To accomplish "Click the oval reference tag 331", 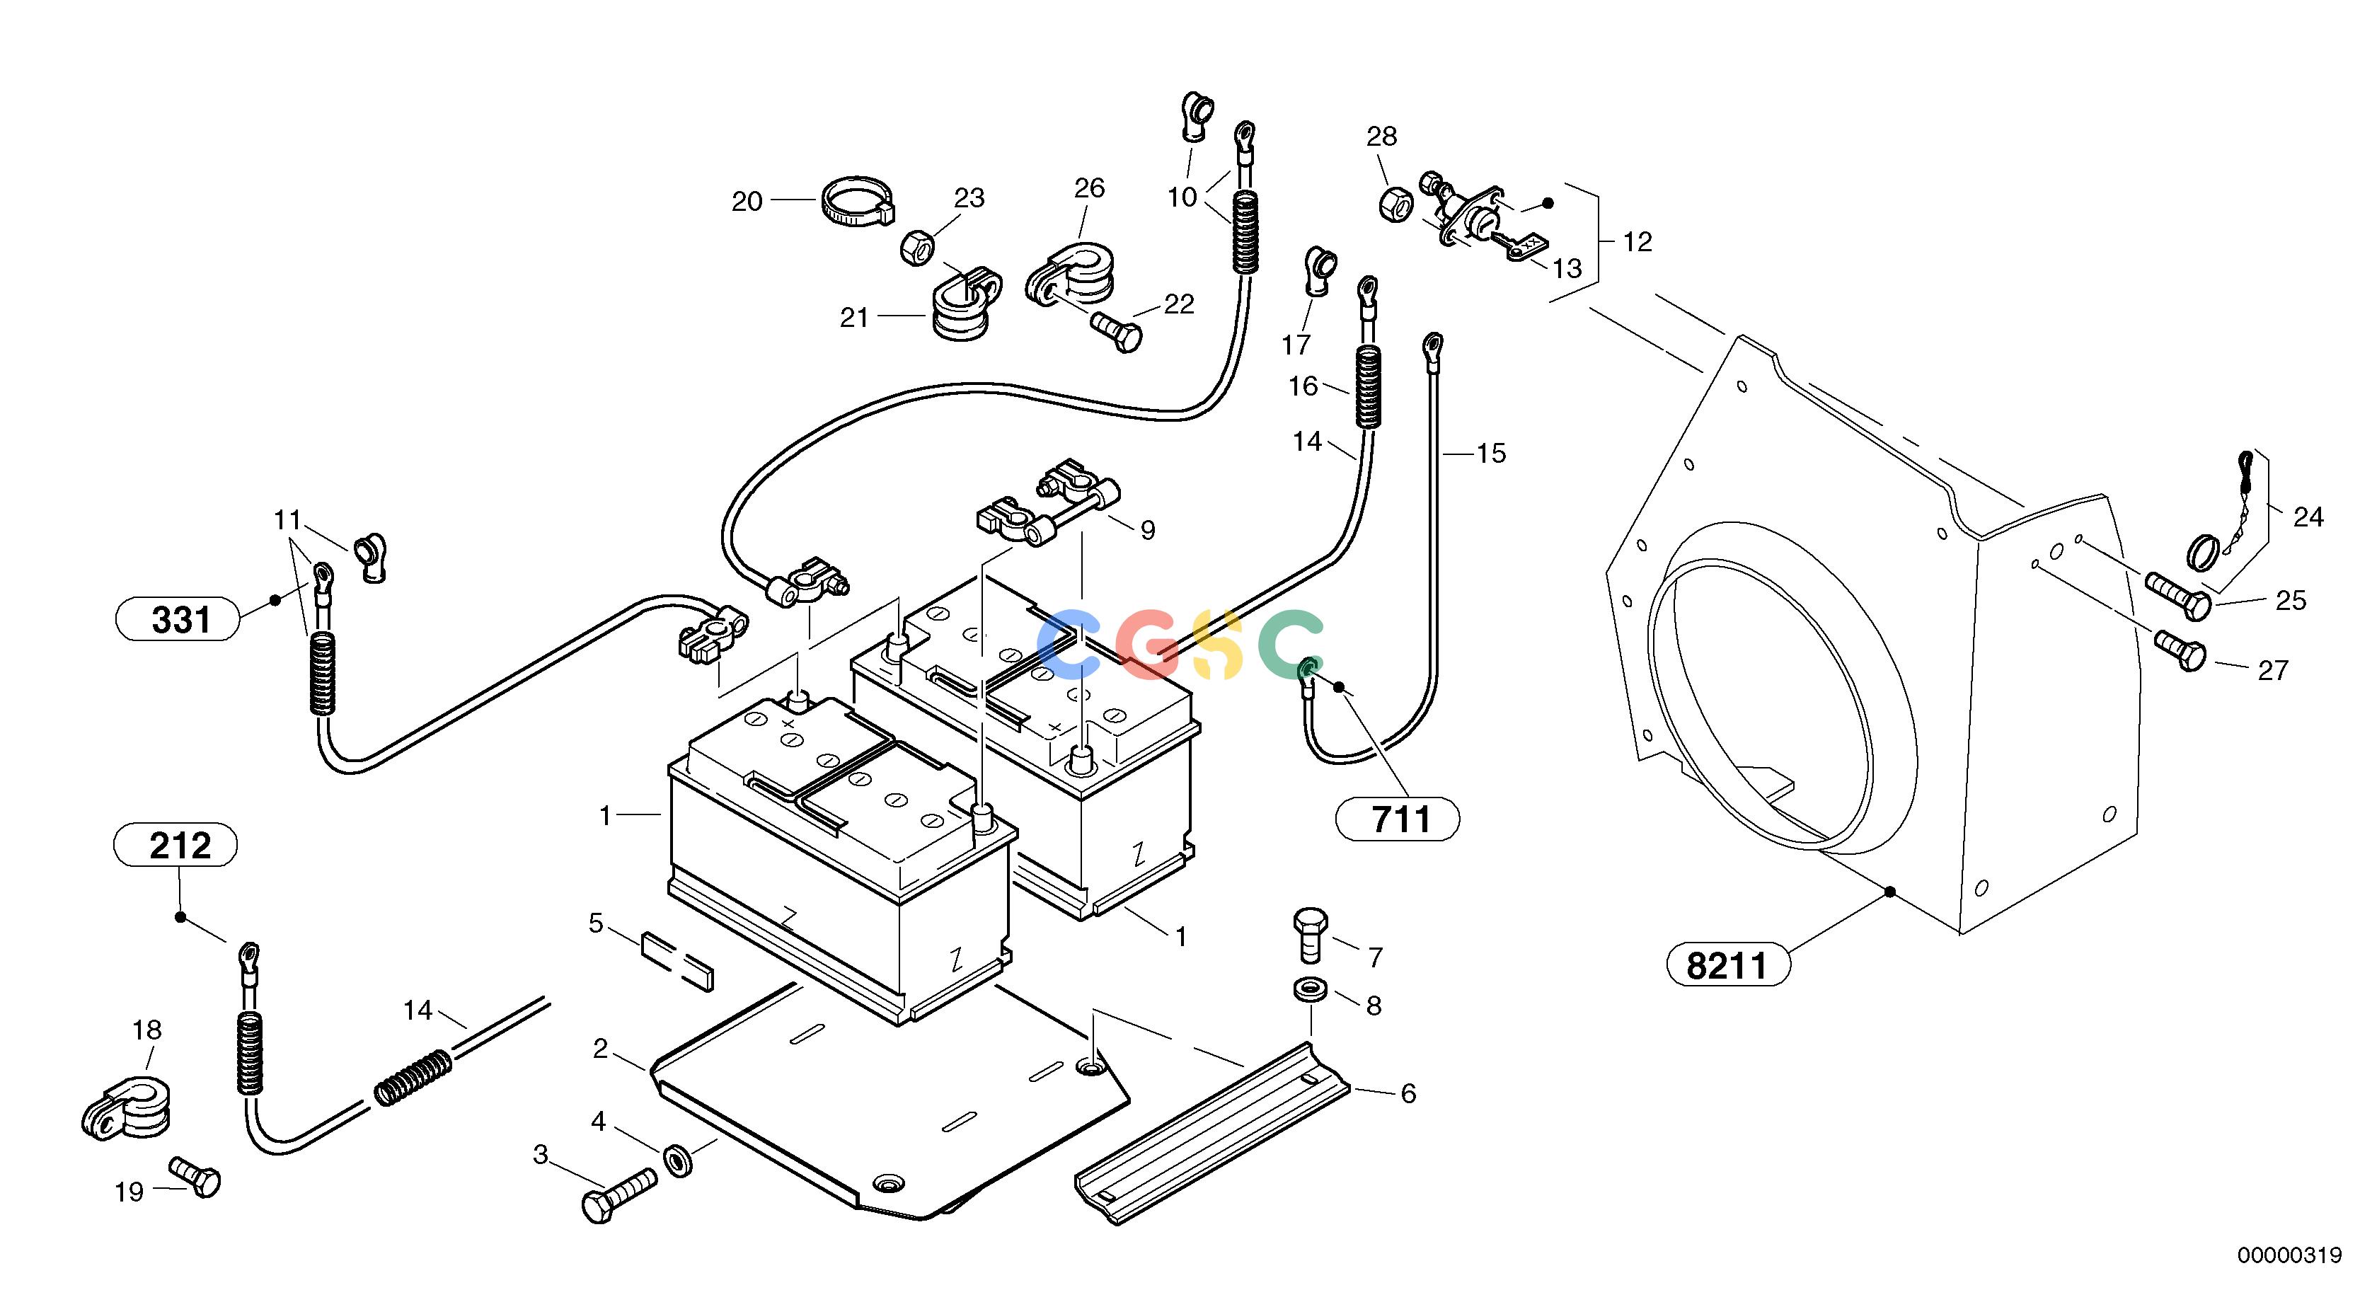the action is pos(177,619).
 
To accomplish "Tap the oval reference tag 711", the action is pos(1398,819).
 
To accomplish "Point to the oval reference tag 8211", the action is pos(1728,964).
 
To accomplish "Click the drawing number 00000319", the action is pos(2289,1255).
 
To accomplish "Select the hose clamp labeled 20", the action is pos(858,202).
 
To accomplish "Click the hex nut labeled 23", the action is pos(917,248).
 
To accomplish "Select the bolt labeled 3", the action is pos(619,1194).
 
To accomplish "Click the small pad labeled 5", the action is pos(677,962).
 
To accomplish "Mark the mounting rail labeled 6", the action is pos(1211,1132).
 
